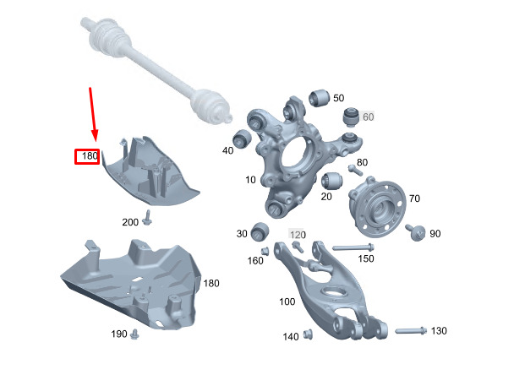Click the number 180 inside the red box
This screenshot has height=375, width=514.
(90, 156)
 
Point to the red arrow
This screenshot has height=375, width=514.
(93, 114)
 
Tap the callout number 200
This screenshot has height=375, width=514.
(130, 222)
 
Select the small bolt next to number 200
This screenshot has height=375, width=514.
(147, 218)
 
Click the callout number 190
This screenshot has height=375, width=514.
(119, 334)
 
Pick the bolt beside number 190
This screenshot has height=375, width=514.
(134, 334)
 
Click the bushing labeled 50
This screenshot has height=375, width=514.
(319, 98)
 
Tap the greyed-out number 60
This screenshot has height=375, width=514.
(369, 117)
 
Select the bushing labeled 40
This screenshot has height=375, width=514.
(242, 139)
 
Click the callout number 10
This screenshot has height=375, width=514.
(250, 180)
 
